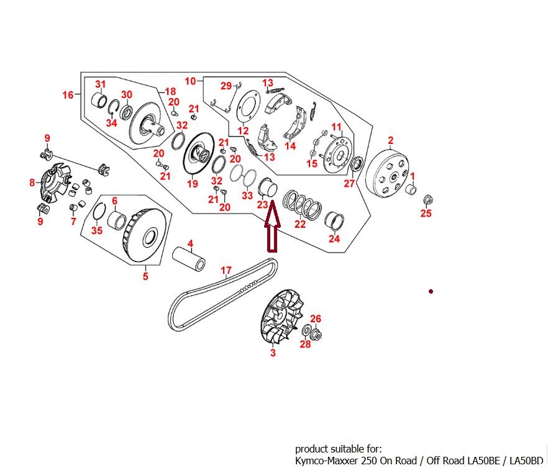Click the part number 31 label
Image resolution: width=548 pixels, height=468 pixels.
click(100, 84)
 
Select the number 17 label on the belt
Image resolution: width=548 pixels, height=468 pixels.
click(226, 271)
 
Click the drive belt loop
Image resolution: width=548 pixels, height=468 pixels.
click(222, 295)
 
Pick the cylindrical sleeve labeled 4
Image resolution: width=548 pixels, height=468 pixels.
click(189, 258)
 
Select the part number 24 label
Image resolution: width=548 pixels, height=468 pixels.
click(334, 238)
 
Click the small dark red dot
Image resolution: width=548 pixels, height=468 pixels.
click(431, 291)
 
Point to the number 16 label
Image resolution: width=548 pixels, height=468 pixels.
click(68, 94)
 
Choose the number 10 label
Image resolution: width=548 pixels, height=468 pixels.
click(191, 81)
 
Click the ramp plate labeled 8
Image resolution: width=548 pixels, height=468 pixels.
click(55, 182)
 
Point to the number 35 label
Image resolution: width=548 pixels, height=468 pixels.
click(97, 230)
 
